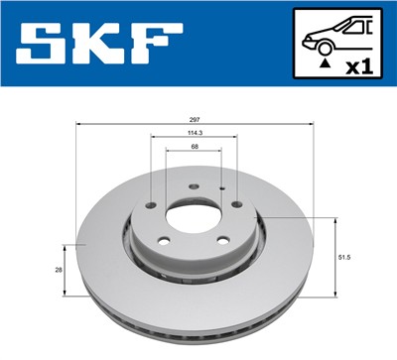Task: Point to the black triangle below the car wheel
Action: tap(326, 63)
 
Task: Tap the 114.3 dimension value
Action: tap(195, 132)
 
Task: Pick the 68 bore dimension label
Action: tap(195, 148)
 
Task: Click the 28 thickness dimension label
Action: tap(59, 268)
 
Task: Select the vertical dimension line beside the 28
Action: tap(66, 268)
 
